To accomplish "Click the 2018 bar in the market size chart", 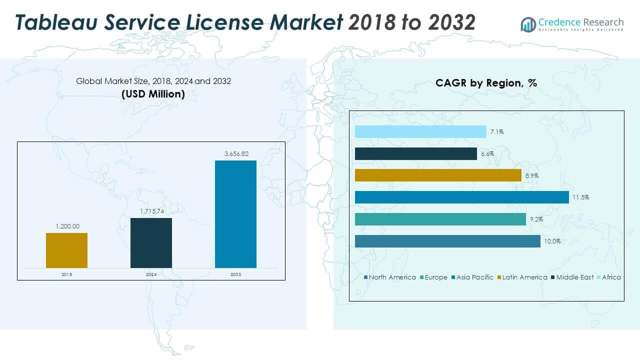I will pyautogui.click(x=66, y=250).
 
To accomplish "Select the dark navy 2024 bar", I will pyautogui.click(x=151, y=242).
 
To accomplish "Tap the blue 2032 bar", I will pyautogui.click(x=235, y=214).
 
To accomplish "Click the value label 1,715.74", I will pyautogui.click(x=150, y=211).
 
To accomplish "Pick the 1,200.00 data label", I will pyautogui.click(x=66, y=226).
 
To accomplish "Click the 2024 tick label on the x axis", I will pyautogui.click(x=151, y=274).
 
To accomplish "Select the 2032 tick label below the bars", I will pyautogui.click(x=235, y=274).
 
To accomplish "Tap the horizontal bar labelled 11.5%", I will pyautogui.click(x=461, y=197).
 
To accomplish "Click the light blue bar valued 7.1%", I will pyautogui.click(x=420, y=131).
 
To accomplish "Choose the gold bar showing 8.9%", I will pyautogui.click(x=438, y=175).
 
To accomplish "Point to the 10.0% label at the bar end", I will pyautogui.click(x=552, y=241).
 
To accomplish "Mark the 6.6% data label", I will pyautogui.click(x=487, y=154).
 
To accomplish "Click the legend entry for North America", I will pyautogui.click(x=390, y=277).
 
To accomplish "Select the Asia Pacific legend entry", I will pyautogui.click(x=472, y=277).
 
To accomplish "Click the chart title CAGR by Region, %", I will pyautogui.click(x=486, y=83).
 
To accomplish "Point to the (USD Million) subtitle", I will pyautogui.click(x=153, y=94).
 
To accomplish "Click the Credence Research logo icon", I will pyautogui.click(x=528, y=24).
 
